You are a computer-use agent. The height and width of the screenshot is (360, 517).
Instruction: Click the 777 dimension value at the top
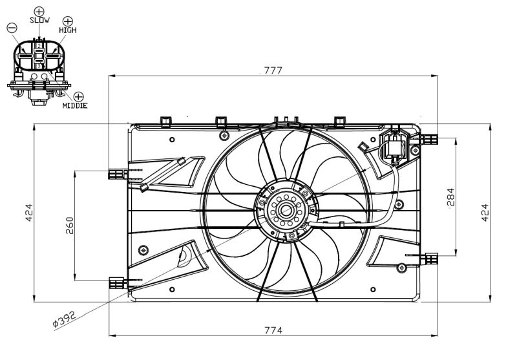[273, 70]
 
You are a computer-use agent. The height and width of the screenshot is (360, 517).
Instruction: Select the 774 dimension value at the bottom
[273, 330]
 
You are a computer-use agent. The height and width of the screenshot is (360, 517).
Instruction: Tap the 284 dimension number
[450, 197]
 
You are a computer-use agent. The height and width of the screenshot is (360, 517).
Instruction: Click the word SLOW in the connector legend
[39, 21]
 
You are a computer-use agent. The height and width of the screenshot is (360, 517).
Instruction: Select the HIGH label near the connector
[68, 30]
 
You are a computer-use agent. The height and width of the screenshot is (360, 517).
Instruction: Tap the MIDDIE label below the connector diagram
[75, 105]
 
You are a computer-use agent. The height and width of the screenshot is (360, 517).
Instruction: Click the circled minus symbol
[11, 27]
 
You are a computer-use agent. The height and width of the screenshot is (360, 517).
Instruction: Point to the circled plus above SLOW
[39, 11]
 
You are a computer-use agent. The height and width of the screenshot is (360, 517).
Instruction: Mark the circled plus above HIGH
[68, 21]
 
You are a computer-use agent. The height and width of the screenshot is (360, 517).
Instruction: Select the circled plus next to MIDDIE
[79, 96]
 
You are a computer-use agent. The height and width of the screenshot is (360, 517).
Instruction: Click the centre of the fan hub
[284, 209]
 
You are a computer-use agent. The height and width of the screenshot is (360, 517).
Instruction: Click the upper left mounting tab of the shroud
[116, 173]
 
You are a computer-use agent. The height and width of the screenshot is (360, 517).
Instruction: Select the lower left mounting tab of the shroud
[116, 282]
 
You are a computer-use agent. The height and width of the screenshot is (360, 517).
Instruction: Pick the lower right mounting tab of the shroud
[430, 259]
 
